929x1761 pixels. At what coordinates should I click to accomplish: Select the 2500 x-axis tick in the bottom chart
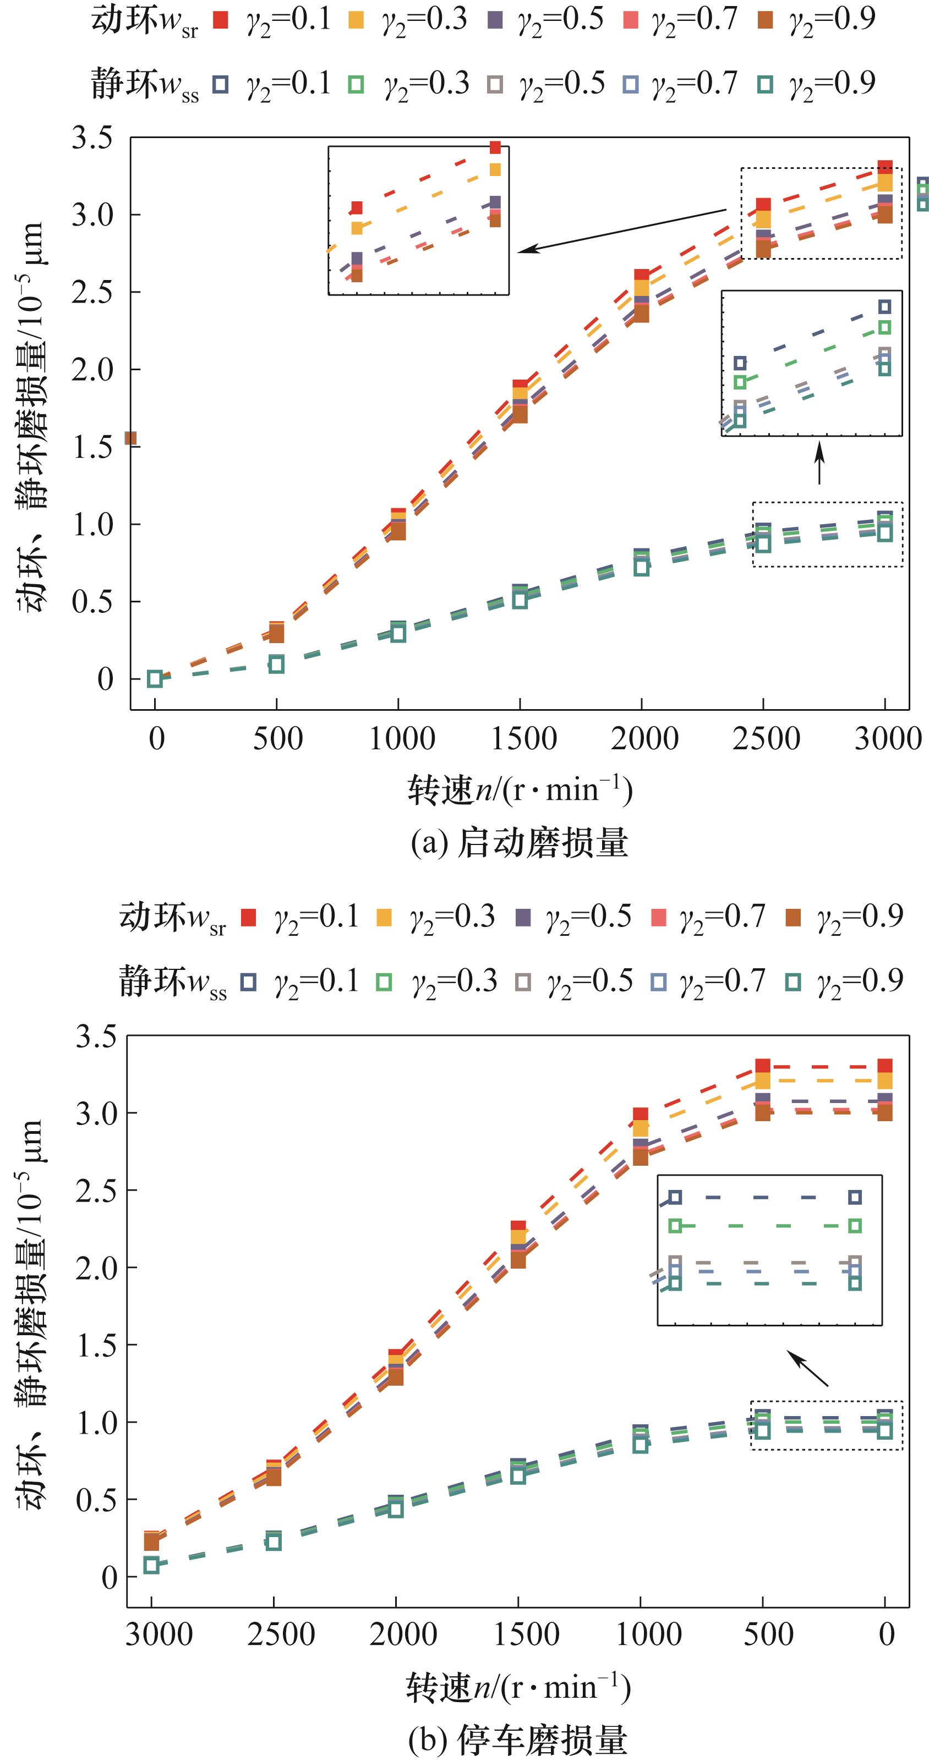coord(281,1634)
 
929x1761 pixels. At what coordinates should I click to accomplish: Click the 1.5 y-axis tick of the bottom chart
coord(96,1345)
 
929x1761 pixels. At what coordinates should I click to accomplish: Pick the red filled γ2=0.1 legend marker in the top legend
coord(220,20)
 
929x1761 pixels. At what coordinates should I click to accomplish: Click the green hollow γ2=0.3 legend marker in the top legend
coord(356,85)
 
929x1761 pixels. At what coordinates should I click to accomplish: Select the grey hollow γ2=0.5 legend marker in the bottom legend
coord(523,981)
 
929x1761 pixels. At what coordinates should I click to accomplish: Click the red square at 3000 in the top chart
coord(884,167)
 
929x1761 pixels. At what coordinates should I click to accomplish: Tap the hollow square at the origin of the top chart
coord(155,679)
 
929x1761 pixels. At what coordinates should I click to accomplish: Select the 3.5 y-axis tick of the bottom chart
coord(96,1036)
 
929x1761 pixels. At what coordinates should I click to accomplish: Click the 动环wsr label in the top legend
coord(144,20)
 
